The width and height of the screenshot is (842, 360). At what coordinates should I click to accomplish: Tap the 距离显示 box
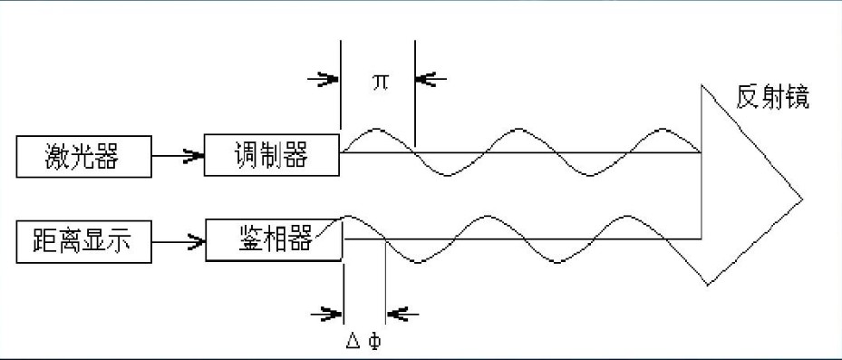pos(83,242)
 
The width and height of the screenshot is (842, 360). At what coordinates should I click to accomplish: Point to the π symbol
pos(380,81)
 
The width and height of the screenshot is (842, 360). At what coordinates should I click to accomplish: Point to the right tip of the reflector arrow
pos(802,198)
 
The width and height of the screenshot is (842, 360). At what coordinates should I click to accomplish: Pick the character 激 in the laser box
pos(56,158)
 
